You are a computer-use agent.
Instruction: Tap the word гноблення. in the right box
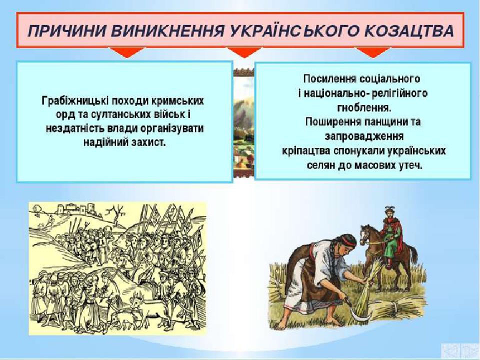(363, 107)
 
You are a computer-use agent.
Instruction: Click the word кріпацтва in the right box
(306, 151)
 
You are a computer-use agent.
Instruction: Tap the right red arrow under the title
(372, 52)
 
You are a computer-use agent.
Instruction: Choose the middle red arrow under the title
(244, 52)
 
